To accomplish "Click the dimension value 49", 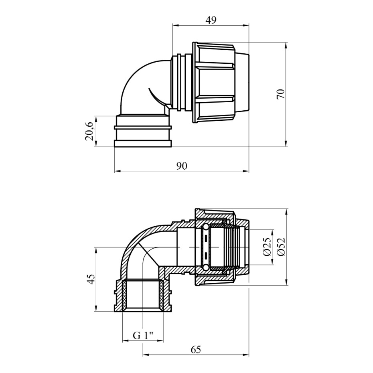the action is tap(211, 20).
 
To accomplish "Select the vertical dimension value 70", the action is tap(281, 94).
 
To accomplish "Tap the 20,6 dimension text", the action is tap(89, 131).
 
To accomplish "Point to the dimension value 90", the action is tap(182, 166).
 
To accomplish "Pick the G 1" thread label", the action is tap(143, 336).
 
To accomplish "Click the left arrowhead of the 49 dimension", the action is tap(175, 26).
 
